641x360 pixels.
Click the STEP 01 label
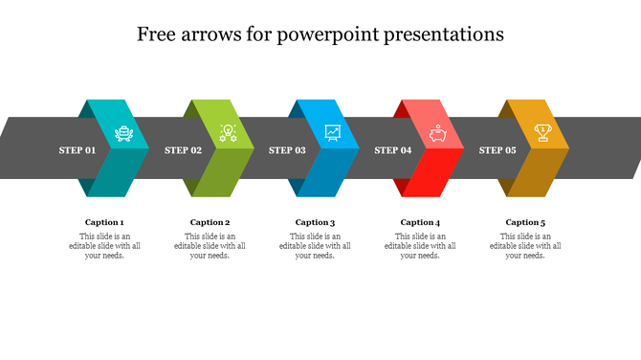tap(77, 150)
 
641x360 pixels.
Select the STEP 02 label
tap(183, 150)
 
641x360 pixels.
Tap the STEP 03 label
tap(287, 150)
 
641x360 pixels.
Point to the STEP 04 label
tap(392, 150)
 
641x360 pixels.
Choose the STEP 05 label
tap(497, 150)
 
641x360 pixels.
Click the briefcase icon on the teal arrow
tap(124, 133)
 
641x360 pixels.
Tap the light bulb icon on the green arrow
tap(228, 133)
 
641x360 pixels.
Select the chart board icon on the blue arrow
tap(333, 133)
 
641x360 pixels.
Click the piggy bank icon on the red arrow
tap(438, 133)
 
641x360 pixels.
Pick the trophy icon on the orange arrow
tap(542, 133)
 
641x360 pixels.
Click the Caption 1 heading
tap(104, 222)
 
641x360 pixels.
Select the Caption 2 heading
tap(210, 222)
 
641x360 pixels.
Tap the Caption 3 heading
tap(315, 222)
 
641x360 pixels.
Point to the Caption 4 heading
tap(420, 222)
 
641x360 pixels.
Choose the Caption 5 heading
tap(525, 222)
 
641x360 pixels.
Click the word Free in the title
tap(157, 35)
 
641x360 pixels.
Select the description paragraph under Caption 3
tap(315, 246)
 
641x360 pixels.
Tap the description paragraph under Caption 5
tap(525, 246)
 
